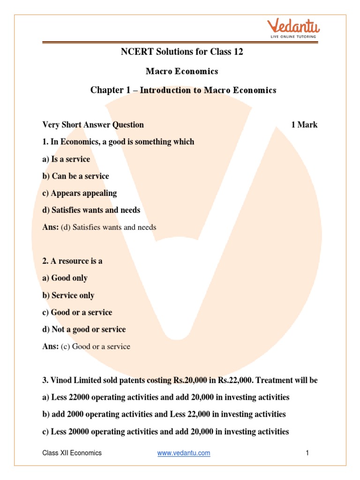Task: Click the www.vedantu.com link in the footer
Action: (x=184, y=453)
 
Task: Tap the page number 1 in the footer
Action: (x=307, y=453)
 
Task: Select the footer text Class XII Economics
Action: (x=72, y=453)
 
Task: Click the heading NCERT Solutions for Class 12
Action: (x=182, y=52)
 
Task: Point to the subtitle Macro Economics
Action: (x=182, y=71)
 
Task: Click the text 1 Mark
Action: (x=304, y=125)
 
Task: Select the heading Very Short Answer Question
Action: (x=93, y=125)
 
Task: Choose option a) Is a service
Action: (x=66, y=159)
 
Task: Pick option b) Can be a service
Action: (x=75, y=176)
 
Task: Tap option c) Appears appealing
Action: (x=79, y=193)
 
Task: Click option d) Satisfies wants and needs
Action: (x=91, y=210)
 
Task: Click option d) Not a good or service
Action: (x=84, y=329)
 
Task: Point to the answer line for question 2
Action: (x=86, y=346)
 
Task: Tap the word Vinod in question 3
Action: (x=61, y=380)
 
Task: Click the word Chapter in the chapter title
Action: (x=106, y=90)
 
